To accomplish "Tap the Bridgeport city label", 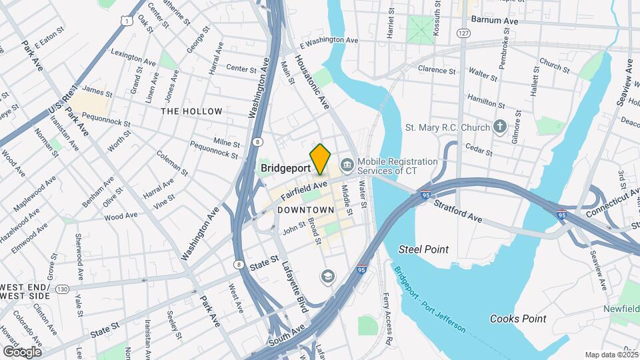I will tap(285, 168).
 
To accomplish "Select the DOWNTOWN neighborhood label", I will tap(305, 210).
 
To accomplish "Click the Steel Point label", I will tap(423, 249).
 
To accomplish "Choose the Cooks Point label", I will tap(518, 319).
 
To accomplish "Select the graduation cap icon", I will tap(327, 276).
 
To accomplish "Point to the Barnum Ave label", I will tap(494, 21).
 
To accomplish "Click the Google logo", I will tap(22, 351).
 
